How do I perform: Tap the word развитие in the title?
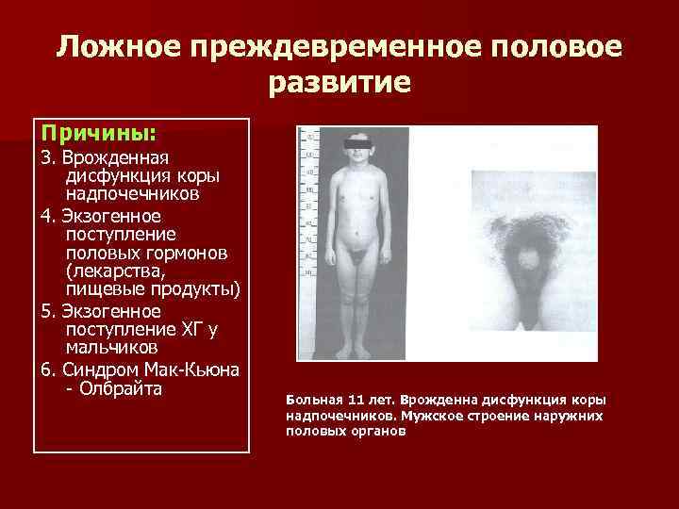(x=339, y=85)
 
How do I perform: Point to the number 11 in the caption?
(x=356, y=400)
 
